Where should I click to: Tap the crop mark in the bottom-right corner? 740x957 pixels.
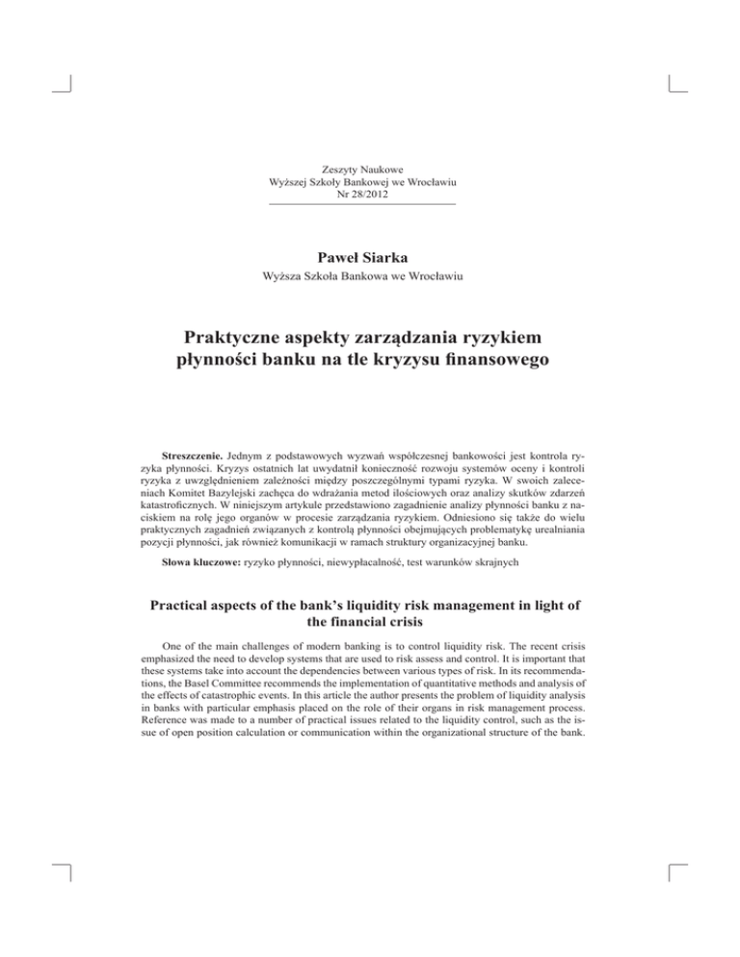[x=674, y=875]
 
